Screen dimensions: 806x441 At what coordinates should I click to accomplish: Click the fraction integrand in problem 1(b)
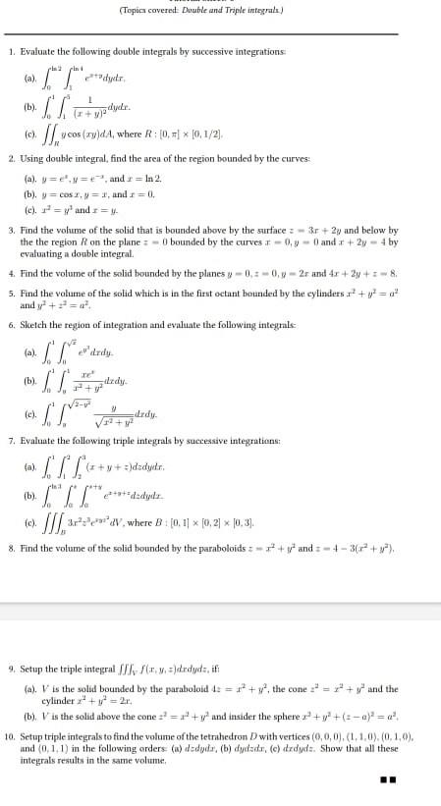click(x=89, y=104)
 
